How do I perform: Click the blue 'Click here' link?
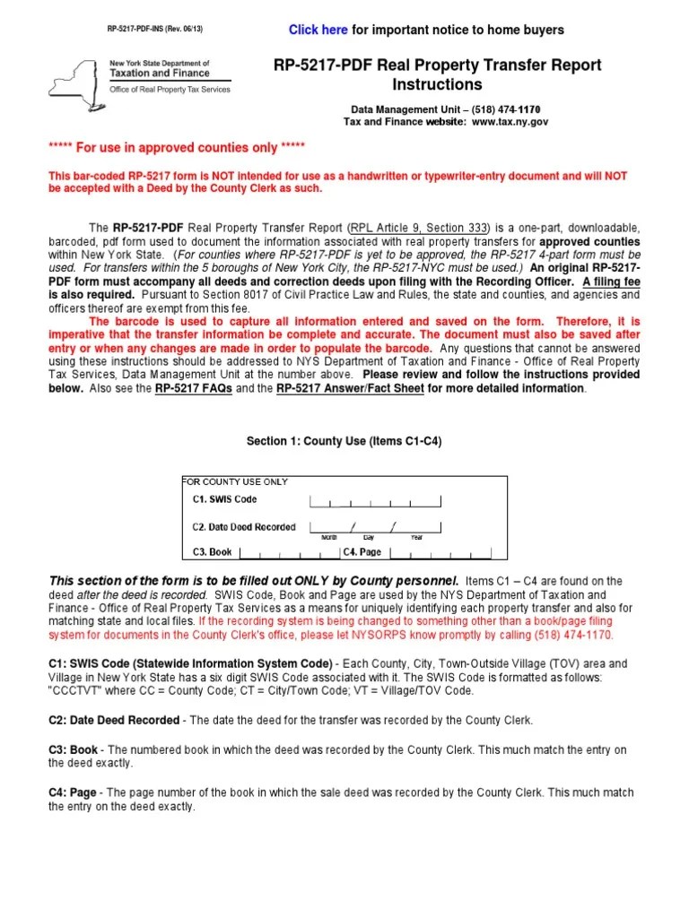[x=318, y=30]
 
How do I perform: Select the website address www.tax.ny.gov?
[x=510, y=121]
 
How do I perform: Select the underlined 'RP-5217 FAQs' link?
[x=192, y=389]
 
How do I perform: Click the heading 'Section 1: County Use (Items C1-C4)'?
[x=344, y=442]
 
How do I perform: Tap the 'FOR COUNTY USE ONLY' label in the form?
[x=235, y=481]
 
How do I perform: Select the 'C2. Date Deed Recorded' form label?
[x=243, y=527]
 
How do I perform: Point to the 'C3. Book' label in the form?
[x=212, y=552]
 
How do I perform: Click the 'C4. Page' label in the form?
[x=362, y=552]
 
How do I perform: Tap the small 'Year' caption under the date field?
[x=416, y=537]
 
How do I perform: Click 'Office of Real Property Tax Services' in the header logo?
[x=170, y=89]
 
